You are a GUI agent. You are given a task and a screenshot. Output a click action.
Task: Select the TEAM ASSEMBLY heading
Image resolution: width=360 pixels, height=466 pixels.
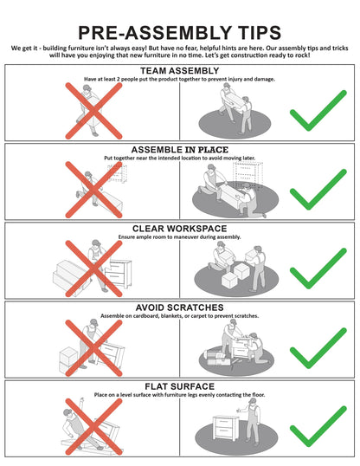180,71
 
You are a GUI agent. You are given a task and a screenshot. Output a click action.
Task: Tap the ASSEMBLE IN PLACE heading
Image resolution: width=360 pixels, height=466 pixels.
180,150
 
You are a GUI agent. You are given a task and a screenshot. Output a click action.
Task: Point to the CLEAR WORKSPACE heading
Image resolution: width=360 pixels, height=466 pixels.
180,229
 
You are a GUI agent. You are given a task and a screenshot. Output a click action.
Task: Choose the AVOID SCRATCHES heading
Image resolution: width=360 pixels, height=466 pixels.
180,307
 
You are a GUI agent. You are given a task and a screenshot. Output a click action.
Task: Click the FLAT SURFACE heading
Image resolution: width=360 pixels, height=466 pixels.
180,386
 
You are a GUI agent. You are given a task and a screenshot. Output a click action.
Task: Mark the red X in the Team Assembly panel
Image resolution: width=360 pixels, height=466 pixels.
93,111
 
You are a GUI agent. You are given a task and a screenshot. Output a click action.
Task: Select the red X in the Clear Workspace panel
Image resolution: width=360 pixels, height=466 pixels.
93,269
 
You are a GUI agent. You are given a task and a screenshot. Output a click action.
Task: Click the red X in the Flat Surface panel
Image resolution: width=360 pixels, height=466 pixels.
93,427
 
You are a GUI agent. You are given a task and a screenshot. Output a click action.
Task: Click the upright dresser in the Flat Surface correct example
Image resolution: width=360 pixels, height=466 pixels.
226,428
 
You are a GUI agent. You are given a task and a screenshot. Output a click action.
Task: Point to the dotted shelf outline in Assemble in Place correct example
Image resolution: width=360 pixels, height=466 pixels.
247,174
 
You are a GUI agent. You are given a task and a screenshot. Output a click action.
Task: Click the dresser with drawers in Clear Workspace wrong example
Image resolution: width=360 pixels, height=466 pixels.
119,274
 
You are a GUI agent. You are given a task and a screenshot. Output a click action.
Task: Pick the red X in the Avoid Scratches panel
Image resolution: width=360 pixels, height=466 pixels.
93,348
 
